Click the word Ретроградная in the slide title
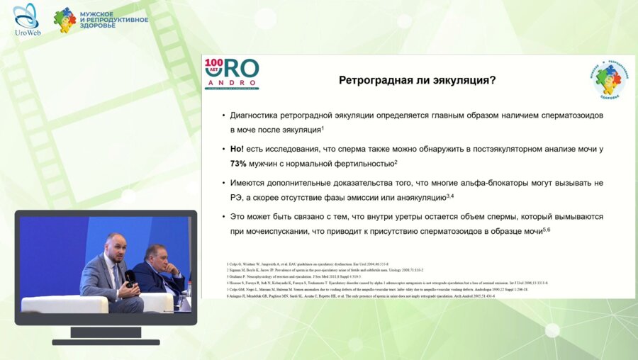click(375, 80)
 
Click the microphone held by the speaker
click(130, 276)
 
